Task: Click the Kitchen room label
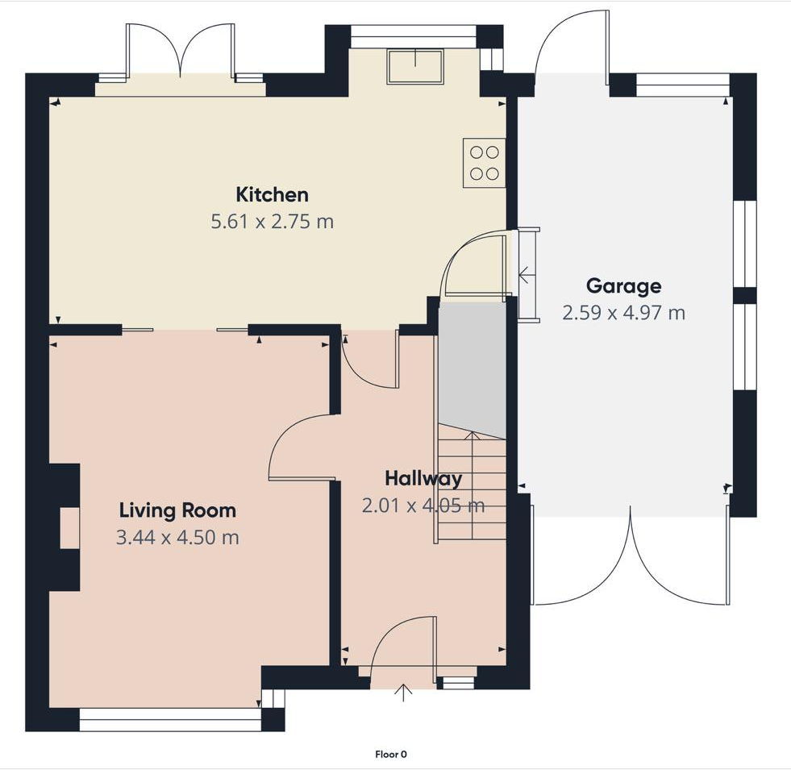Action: coord(272,194)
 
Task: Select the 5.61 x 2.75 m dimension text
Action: coord(272,222)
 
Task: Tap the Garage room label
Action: coord(623,285)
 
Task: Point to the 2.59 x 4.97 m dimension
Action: coord(623,313)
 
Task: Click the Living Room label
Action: coord(177,510)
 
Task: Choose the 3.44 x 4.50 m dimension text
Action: coord(177,537)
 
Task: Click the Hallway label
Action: coord(423,478)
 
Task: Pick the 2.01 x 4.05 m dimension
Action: coord(423,506)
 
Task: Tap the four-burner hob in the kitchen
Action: coord(484,163)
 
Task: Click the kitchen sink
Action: coord(415,66)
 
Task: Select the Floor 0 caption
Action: coord(391,755)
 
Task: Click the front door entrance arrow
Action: coord(404,690)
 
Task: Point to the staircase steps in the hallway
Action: coord(472,488)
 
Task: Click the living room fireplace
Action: coord(66,528)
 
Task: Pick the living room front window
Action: coord(170,719)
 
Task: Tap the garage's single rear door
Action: coord(568,44)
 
